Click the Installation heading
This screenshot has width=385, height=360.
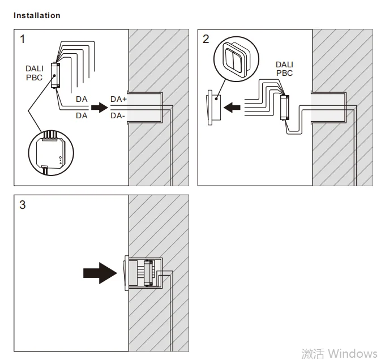pyautogui.click(x=37, y=15)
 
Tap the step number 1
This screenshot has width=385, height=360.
pyautogui.click(x=23, y=39)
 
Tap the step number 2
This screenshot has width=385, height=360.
pyautogui.click(x=206, y=39)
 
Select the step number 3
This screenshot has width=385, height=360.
pyautogui.click(x=23, y=205)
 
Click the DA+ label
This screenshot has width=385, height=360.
pyautogui.click(x=119, y=99)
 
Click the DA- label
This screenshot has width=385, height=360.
pyautogui.click(x=118, y=115)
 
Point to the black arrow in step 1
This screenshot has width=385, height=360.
pyautogui.click(x=99, y=107)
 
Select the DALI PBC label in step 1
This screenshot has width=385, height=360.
pyautogui.click(x=34, y=73)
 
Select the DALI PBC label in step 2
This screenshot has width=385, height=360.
pyautogui.click(x=284, y=69)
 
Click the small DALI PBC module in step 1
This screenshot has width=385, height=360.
pyautogui.click(x=54, y=75)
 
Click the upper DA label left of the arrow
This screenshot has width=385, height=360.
pyautogui.click(x=82, y=99)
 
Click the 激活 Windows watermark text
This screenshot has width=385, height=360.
pyautogui.click(x=339, y=353)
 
